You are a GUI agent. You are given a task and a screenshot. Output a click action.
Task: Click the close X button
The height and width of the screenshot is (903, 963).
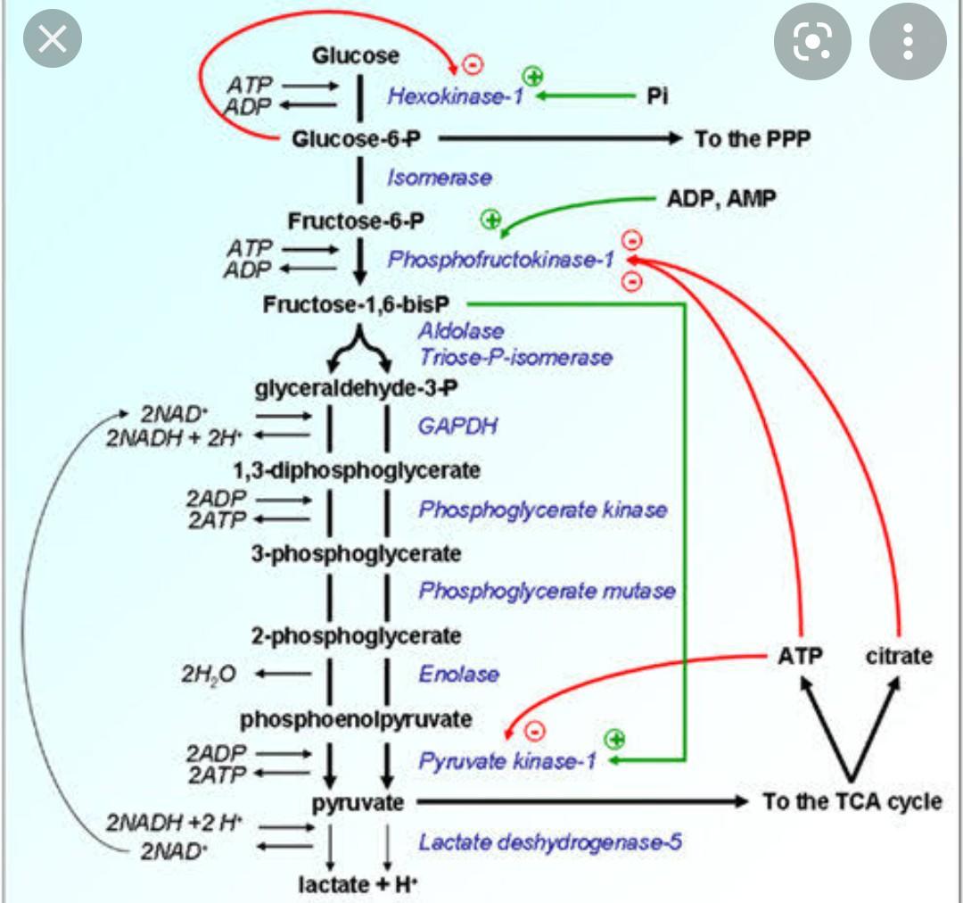point(53,40)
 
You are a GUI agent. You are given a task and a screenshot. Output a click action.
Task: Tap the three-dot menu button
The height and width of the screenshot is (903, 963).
point(907,41)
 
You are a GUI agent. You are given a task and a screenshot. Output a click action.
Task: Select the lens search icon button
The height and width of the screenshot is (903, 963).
point(812,41)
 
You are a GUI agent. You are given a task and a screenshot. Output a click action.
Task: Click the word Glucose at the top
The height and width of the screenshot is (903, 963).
point(356,56)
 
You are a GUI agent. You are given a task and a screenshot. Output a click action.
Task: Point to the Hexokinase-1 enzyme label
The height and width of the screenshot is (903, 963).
point(455,96)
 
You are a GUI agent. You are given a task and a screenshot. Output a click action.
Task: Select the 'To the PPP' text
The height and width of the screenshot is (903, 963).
point(753,139)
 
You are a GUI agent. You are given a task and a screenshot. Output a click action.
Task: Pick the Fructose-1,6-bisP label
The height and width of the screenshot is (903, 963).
point(356,304)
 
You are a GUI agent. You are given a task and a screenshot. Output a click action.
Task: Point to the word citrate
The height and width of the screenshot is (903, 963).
point(899,656)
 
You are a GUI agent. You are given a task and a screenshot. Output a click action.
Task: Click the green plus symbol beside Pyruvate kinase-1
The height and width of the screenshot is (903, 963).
point(614,738)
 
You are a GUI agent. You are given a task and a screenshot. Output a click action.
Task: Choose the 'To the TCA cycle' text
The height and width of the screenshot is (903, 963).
point(852,801)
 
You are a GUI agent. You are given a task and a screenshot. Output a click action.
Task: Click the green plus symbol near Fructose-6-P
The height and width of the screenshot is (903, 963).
point(490,219)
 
